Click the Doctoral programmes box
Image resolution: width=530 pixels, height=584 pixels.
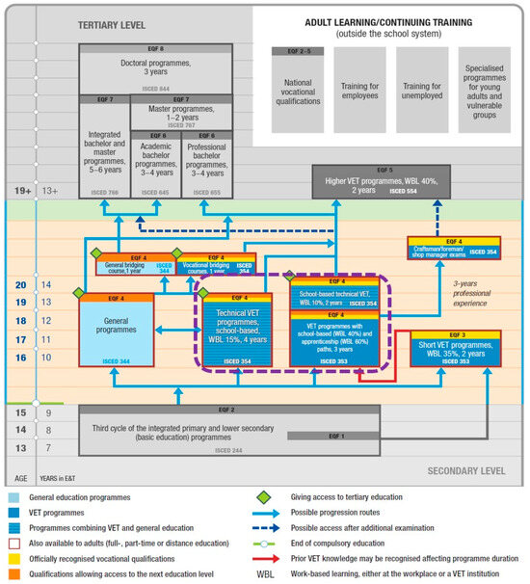click(154, 69)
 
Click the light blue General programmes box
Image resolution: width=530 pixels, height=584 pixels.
click(117, 329)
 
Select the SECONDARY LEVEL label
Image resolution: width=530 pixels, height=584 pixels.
click(467, 471)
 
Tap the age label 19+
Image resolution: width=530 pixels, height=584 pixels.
click(18, 191)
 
